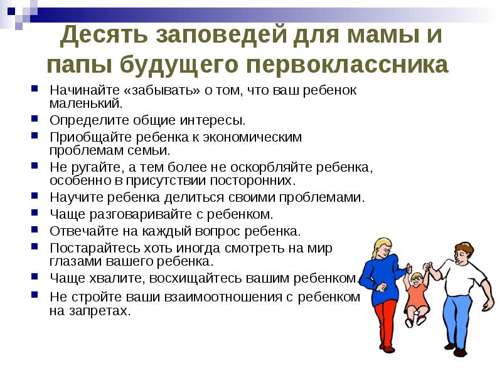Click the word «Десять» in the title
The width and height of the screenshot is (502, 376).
coord(104,34)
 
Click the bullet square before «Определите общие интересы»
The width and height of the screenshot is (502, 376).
coord(35,118)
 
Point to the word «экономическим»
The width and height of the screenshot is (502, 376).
coord(252,137)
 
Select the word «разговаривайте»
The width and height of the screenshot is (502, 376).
coord(141,214)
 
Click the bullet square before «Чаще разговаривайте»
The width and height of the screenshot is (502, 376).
coord(35,212)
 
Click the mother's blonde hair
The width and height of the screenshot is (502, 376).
coord(379,248)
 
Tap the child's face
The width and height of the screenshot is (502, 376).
coord(416,280)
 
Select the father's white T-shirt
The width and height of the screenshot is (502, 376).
coord(461,277)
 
